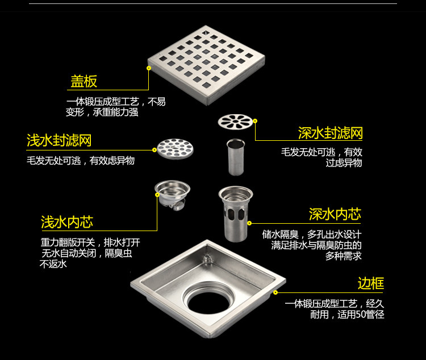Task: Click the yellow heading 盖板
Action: tap(83, 81)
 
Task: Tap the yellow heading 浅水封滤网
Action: tap(59, 140)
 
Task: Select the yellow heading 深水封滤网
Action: tap(330, 133)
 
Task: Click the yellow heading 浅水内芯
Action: tap(67, 221)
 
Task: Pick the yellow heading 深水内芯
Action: tap(335, 214)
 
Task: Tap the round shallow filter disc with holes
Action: tap(175, 148)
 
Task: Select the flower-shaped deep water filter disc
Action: tap(235, 122)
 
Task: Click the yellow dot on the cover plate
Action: tap(149, 68)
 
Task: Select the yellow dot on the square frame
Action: tap(275, 292)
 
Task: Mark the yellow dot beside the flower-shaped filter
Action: tap(255, 121)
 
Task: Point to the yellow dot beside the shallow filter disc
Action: tap(154, 149)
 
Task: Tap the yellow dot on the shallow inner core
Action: tap(157, 195)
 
